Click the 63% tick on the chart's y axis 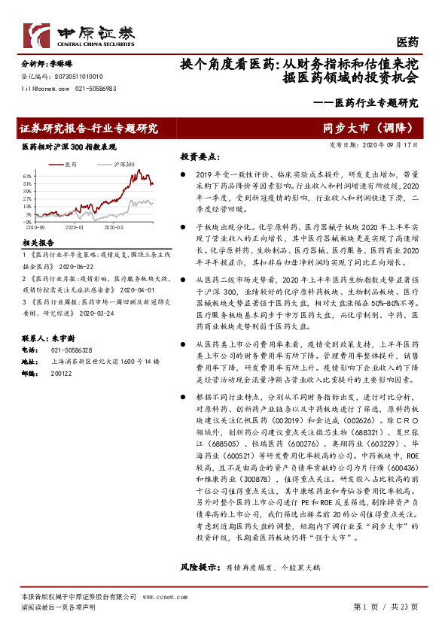[26, 174]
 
